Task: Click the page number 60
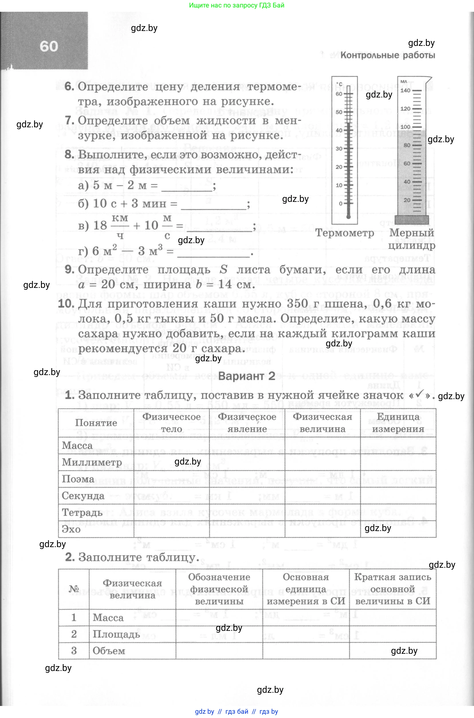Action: click(x=49, y=46)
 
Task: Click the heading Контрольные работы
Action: click(x=388, y=55)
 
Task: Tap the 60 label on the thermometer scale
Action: click(x=339, y=94)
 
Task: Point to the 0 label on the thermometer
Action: click(x=340, y=204)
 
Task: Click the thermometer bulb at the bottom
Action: click(x=348, y=217)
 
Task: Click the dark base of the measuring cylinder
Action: click(x=412, y=220)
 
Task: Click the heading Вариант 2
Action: click(x=246, y=376)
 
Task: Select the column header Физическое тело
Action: click(x=171, y=423)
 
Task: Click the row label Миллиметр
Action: click(x=92, y=462)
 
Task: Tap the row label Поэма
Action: click(x=78, y=479)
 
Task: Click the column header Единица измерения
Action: click(x=398, y=423)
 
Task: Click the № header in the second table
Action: click(x=74, y=589)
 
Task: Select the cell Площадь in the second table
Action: click(x=116, y=634)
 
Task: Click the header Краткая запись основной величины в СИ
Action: click(x=392, y=589)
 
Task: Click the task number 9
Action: click(x=69, y=269)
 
